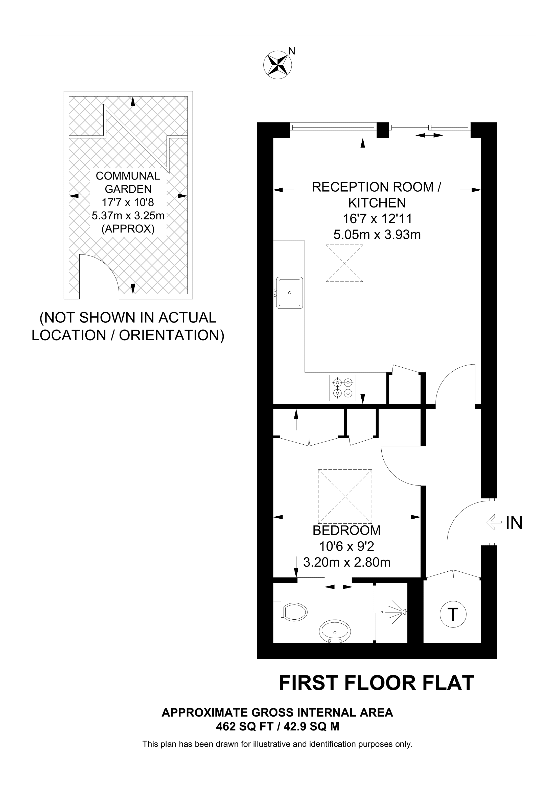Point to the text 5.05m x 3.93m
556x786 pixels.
(x=377, y=235)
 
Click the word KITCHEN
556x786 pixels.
(x=377, y=203)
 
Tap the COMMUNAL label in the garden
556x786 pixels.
(x=128, y=176)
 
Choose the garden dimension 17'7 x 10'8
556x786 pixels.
(x=128, y=202)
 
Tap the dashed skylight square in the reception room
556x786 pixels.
(x=344, y=263)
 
